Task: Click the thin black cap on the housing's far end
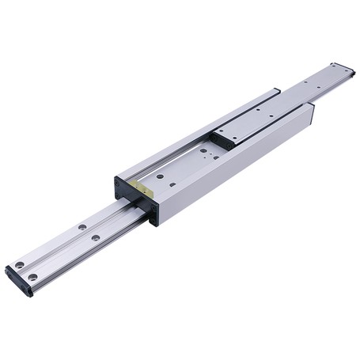tap(312, 114)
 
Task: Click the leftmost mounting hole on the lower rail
tap(19, 265)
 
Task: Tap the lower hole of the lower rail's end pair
tap(32, 277)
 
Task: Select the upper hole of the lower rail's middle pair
tap(81, 228)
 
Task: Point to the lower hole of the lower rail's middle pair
tap(96, 237)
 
